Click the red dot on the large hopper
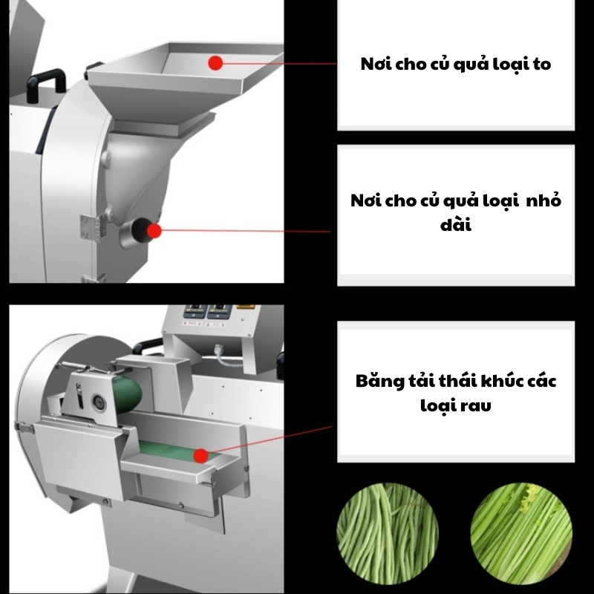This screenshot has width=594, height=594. click(x=215, y=63)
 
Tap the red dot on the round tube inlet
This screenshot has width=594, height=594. click(x=154, y=231)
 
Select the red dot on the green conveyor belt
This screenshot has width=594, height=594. click(x=200, y=456)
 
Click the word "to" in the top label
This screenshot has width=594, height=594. click(x=542, y=65)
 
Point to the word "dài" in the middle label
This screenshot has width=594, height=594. click(x=456, y=225)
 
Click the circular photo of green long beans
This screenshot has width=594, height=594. click(x=388, y=533)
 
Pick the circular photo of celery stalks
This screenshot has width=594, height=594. click(x=521, y=533)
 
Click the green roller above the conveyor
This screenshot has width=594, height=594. click(x=128, y=393)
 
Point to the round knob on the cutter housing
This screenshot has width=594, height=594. click(x=99, y=401)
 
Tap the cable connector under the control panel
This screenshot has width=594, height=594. click(x=220, y=350)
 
